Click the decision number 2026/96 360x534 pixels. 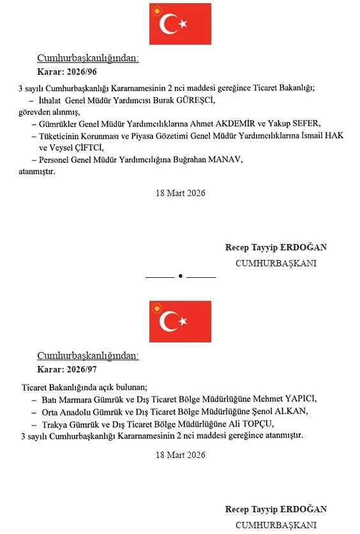click(x=80, y=72)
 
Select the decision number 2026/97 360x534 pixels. click(x=80, y=369)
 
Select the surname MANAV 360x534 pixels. click(x=223, y=160)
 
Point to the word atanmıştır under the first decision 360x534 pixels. click(x=37, y=172)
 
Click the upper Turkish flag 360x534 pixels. click(x=180, y=24)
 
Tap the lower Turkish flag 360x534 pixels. click(x=180, y=321)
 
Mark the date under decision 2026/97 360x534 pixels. click(x=180, y=455)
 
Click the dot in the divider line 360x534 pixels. click(x=181, y=276)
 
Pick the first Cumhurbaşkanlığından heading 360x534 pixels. click(x=87, y=58)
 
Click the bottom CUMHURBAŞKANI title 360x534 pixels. click(x=276, y=525)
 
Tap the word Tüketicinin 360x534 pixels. click(x=60, y=136)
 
